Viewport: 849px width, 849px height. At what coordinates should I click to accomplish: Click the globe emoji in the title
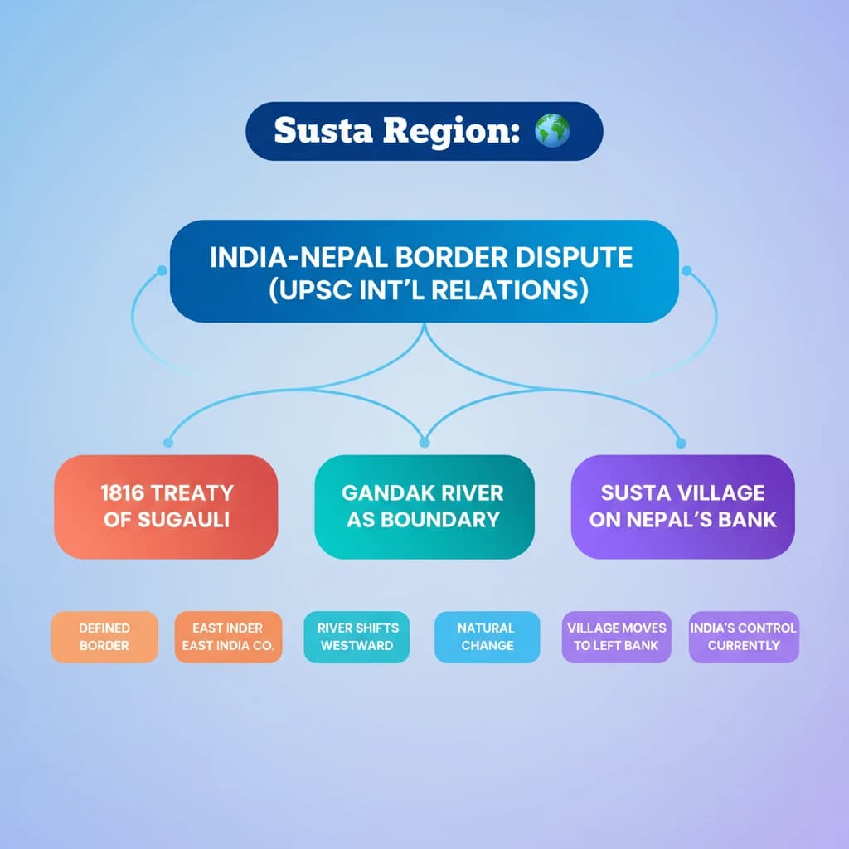point(552,131)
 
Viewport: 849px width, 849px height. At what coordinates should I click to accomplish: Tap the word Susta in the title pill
point(313,131)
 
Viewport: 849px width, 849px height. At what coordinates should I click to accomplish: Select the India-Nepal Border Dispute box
point(424,270)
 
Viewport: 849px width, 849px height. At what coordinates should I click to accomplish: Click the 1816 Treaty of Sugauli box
point(166,506)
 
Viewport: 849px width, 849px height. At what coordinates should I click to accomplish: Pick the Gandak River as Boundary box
point(424,506)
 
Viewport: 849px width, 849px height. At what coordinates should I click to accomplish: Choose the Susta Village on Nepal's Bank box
point(682,506)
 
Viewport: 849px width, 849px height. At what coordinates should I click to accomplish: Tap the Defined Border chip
point(104,637)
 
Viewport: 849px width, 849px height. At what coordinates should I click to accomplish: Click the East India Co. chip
point(228,637)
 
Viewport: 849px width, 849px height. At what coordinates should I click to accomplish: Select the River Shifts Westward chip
point(357,637)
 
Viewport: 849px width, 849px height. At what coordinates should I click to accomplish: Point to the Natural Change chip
point(487,637)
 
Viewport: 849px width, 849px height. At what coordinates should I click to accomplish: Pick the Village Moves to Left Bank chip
point(616,637)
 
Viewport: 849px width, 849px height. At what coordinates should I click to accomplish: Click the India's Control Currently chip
point(744,637)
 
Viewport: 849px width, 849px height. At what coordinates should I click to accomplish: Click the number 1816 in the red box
point(122,492)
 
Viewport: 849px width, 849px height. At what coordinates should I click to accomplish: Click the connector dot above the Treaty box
point(168,443)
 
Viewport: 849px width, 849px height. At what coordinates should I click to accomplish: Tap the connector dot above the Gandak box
point(424,443)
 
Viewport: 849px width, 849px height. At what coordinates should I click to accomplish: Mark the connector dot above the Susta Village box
point(682,443)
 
